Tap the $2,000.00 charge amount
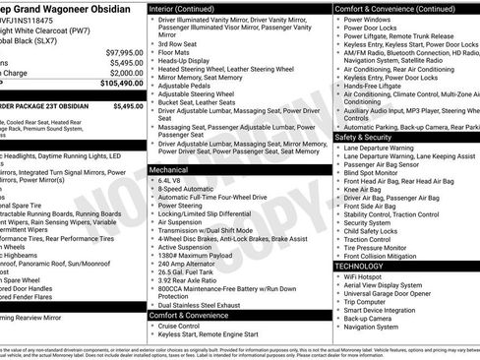[x=125, y=73]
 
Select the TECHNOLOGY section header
[x=359, y=266]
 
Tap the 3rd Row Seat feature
[x=178, y=43]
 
